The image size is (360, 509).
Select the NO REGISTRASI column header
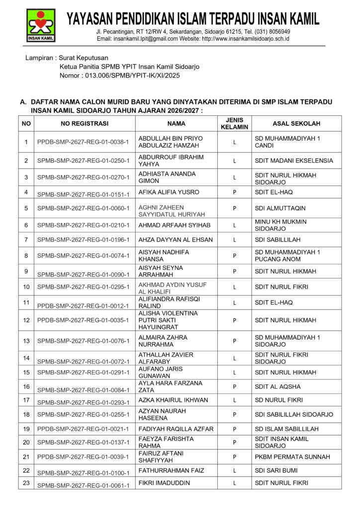coord(85,124)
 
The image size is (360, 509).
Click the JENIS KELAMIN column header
coord(234,124)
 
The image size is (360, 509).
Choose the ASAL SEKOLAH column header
coord(296,124)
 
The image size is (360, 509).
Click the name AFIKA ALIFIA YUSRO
coord(169,192)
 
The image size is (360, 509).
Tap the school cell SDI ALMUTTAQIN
coord(280,208)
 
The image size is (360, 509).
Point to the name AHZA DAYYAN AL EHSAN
coord(176,240)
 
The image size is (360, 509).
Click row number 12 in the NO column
coord(26,320)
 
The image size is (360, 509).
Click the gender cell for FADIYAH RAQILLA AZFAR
coord(234,429)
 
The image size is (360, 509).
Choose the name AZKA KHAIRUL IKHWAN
coord(173,400)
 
